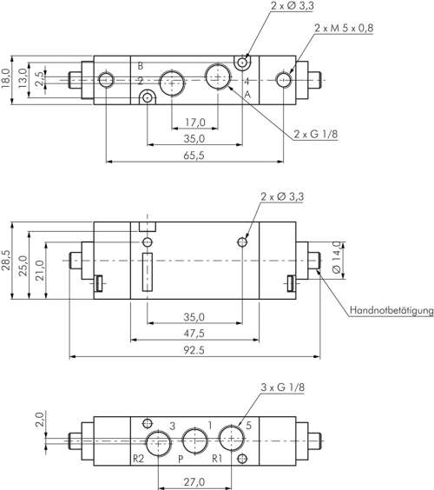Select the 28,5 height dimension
[8, 258]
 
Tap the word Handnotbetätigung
[390, 310]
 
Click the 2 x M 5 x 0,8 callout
[345, 29]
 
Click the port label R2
[137, 457]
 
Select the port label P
[180, 457]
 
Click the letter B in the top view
[141, 66]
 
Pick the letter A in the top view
[247, 94]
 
